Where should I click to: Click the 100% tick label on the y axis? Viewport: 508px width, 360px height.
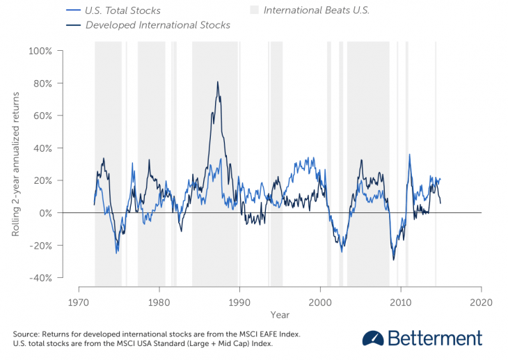(40, 51)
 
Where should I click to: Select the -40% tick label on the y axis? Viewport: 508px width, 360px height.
(39, 278)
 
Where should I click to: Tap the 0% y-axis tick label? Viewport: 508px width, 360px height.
(45, 213)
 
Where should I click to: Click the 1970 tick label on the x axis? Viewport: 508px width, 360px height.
(79, 302)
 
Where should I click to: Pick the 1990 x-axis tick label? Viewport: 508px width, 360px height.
(239, 302)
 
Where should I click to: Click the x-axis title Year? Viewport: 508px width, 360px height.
(280, 315)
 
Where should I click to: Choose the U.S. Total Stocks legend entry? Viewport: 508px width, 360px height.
(122, 11)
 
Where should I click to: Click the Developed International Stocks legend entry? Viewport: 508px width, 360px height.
(157, 25)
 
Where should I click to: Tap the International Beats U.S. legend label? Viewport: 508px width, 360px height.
(317, 11)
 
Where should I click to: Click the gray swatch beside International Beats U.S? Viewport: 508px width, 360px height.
(254, 11)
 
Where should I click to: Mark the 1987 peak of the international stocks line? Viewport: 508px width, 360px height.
(217, 82)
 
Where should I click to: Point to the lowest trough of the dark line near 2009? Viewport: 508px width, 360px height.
(394, 260)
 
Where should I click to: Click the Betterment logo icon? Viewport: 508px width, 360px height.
(373, 338)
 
